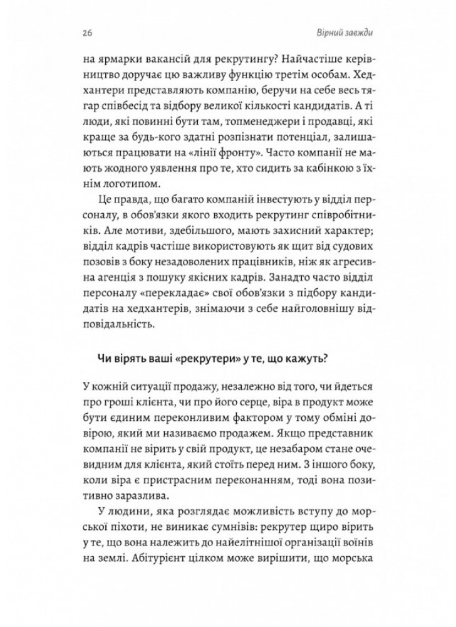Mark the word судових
click(340, 259)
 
